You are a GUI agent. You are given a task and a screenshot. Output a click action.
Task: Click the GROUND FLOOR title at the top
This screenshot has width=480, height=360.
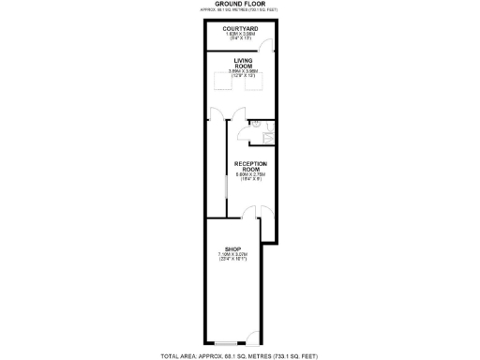point(239,4)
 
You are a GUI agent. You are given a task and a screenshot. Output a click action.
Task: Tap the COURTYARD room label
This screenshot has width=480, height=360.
point(240,29)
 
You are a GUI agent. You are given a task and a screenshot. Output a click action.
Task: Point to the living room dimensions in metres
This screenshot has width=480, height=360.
point(240,71)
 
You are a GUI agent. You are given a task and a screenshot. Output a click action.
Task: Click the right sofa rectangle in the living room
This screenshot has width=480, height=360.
point(252,82)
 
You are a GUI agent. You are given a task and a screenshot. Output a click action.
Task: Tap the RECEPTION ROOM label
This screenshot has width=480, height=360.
point(247,167)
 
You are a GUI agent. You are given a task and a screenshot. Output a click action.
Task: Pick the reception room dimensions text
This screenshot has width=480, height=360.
point(247,179)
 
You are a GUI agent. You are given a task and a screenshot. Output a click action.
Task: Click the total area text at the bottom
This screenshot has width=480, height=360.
point(240,355)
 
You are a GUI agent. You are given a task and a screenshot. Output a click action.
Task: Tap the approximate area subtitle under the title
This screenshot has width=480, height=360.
point(239,10)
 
